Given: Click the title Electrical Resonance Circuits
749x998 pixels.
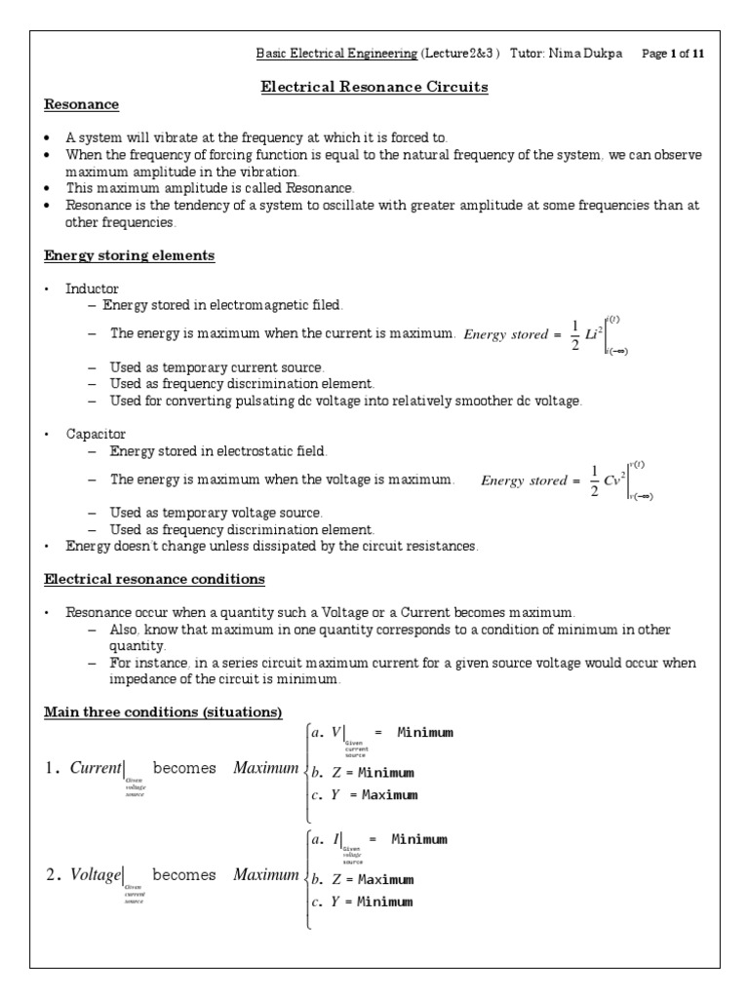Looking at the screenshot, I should tap(374, 88).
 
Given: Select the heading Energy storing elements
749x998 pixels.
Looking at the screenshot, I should tap(130, 256).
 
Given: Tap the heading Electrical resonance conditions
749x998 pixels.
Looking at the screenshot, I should tap(154, 579).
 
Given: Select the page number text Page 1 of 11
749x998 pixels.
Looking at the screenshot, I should tap(672, 55).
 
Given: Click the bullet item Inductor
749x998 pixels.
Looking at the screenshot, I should tap(92, 289).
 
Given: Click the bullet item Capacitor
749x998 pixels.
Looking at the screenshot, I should tap(96, 434).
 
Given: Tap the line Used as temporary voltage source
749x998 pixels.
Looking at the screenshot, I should tap(216, 513).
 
